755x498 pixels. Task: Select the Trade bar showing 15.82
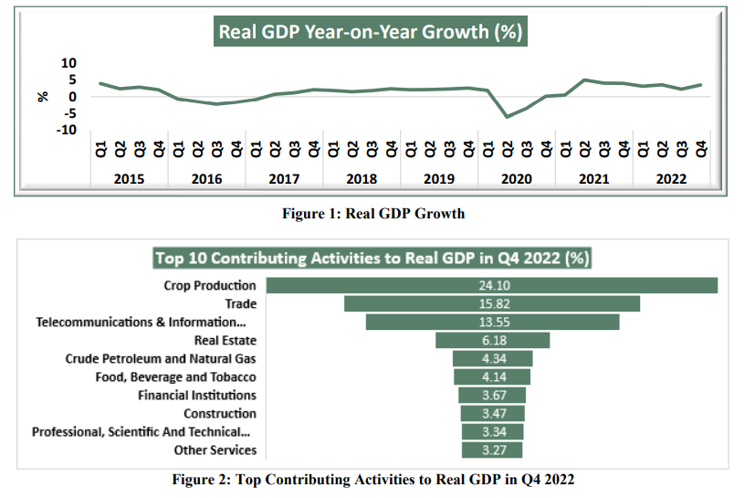[492, 304]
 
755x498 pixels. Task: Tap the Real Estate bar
[492, 341]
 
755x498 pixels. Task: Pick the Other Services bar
[492, 450]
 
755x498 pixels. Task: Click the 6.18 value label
[492, 341]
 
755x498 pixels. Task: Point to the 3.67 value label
[492, 396]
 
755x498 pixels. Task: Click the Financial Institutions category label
[196, 396]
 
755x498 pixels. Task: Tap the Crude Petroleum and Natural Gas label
[161, 359]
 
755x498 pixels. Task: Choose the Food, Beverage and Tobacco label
[175, 377]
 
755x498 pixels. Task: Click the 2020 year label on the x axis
[517, 180]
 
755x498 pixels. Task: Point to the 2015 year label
[129, 180]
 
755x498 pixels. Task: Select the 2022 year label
[672, 180]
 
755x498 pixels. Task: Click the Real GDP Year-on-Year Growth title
[370, 33]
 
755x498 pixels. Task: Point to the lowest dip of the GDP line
[508, 117]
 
